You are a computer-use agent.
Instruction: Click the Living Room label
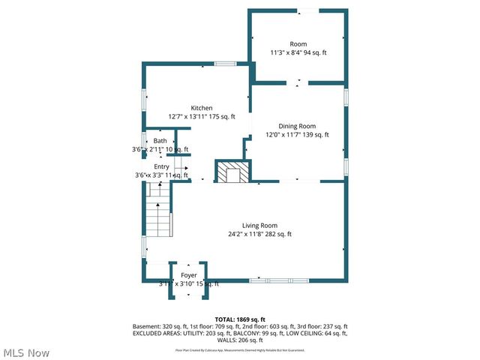(x=259, y=226)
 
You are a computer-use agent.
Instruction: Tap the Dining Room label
(x=297, y=126)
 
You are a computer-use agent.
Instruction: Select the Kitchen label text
(x=201, y=108)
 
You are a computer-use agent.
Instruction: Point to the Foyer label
(x=188, y=275)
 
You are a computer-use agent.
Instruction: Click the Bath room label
(x=160, y=141)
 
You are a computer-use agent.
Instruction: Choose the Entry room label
(x=161, y=166)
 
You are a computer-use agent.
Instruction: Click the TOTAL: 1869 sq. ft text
(x=240, y=319)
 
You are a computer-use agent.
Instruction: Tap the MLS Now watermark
(x=26, y=352)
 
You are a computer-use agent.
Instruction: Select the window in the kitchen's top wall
(x=225, y=64)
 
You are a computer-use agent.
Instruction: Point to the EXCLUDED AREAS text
(x=155, y=333)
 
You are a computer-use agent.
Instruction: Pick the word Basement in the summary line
(x=146, y=326)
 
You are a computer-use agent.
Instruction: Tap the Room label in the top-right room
(x=298, y=44)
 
